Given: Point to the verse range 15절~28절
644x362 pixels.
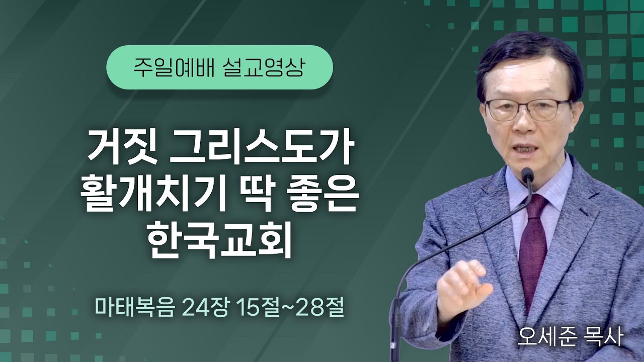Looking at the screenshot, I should point(287,307).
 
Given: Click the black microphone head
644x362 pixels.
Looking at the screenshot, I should point(527,175).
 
